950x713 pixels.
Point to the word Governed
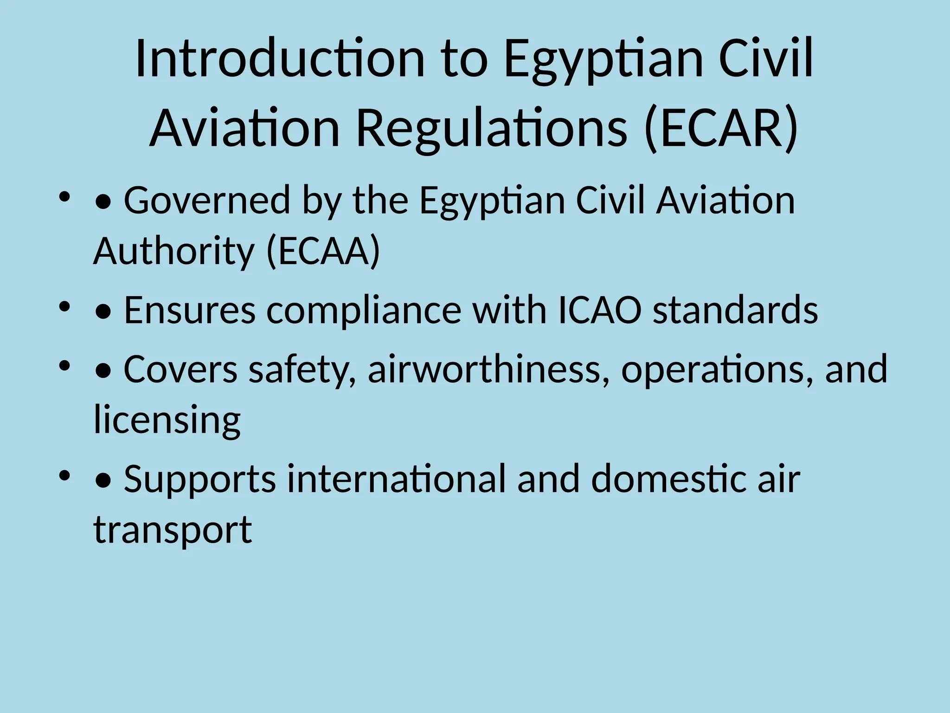[x=207, y=201]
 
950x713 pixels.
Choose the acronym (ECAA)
[x=323, y=251]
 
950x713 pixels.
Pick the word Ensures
[x=189, y=310]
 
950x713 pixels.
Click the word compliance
[x=364, y=310]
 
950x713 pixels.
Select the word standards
[x=735, y=310]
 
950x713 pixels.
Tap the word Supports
[x=200, y=480]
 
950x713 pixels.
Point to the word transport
[x=173, y=530]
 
